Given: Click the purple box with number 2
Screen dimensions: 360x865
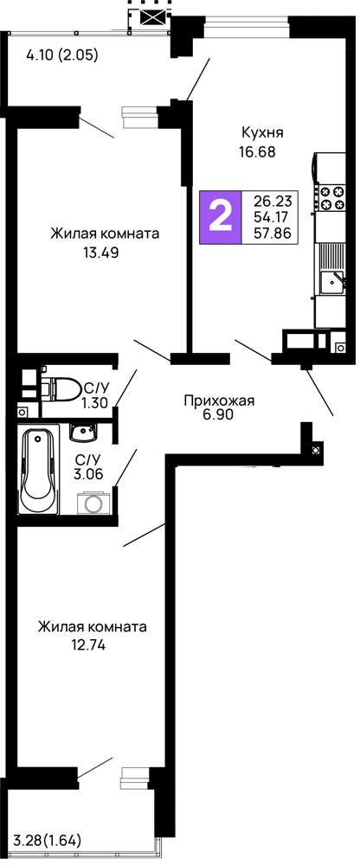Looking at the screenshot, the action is pos(221,217).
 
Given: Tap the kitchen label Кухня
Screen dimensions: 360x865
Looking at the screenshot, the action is pos(263,133).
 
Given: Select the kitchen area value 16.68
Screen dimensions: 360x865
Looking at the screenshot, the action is pos(257,151).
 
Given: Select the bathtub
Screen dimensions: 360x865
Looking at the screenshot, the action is pos(39,470).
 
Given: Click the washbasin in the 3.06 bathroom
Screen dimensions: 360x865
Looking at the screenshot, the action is pos(83,432).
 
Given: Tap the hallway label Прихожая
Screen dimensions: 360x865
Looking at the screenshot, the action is pos(219,400).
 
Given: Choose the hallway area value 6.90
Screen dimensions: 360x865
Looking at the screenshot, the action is pos(219,415).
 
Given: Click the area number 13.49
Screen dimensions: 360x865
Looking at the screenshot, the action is pos(100,253).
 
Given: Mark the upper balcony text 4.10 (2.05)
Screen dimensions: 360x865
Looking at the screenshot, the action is pos(62,54).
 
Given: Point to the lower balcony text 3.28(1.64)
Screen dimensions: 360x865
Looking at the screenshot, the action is pos(48,841).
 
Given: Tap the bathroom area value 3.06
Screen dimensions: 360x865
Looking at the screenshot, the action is pos(89,473).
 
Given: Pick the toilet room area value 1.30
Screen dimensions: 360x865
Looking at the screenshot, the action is pos(93,403).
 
